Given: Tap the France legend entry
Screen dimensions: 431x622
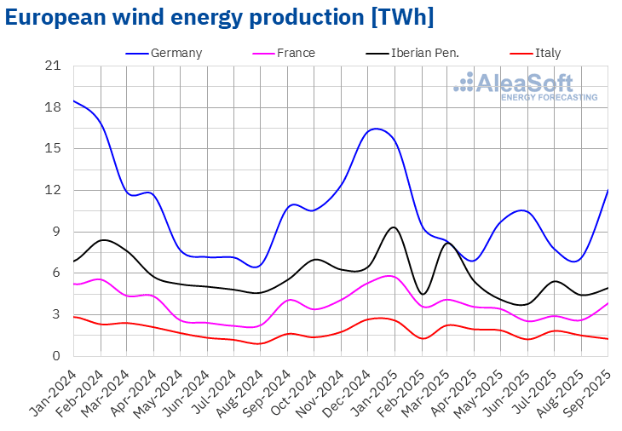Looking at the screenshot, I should (296, 53).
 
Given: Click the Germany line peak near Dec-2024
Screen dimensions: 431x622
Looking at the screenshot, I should (376, 129).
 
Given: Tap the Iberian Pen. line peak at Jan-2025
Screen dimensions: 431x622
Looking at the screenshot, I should (393, 227).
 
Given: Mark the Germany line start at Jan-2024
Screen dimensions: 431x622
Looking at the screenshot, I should (74, 101).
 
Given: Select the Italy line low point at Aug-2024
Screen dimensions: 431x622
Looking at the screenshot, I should (260, 343).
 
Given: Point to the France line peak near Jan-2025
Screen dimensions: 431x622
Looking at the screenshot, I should (389, 276).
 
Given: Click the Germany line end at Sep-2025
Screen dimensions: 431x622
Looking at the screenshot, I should (608, 190).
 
